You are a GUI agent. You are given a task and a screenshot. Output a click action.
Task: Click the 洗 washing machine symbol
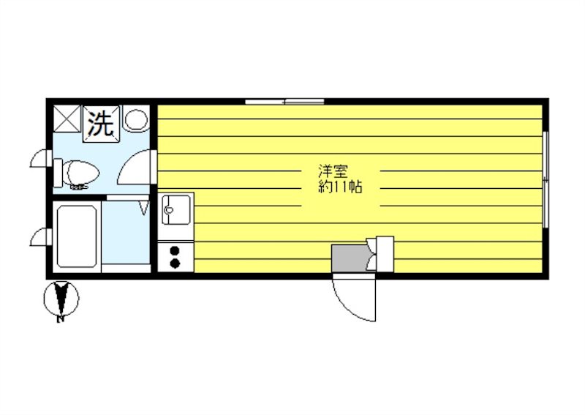click(100, 123)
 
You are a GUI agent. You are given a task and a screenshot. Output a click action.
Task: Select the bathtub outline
click(78, 236)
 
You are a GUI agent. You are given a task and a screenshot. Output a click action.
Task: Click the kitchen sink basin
click(175, 213)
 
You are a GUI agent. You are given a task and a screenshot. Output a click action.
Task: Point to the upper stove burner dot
click(175, 251)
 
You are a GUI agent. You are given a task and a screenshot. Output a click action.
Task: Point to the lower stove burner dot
click(175, 263)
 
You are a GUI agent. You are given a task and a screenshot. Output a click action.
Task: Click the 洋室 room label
click(333, 173)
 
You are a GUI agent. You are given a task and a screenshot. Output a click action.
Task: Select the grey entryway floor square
click(350, 258)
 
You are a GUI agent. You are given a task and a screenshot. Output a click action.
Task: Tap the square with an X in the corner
click(67, 118)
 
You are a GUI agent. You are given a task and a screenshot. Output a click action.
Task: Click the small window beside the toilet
click(40, 160)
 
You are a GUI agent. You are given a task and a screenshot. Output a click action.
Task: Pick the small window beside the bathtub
click(40, 237)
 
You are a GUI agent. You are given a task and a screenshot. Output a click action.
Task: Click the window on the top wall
click(284, 101)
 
